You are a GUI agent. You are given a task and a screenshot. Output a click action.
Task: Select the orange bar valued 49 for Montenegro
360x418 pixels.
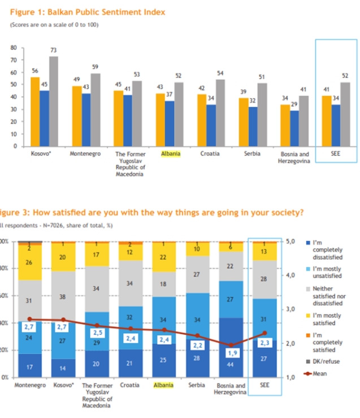point(76,116)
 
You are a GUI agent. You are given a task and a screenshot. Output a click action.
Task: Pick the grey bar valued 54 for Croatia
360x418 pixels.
point(220,112)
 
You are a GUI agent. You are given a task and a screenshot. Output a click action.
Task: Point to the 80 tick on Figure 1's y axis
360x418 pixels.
point(14,48)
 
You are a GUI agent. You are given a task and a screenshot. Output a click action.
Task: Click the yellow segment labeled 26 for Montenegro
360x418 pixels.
point(29,263)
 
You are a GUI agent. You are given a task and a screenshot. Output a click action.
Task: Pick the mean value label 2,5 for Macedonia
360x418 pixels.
point(98,333)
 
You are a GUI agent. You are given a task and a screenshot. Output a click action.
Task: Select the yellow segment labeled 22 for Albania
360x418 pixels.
point(164,257)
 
